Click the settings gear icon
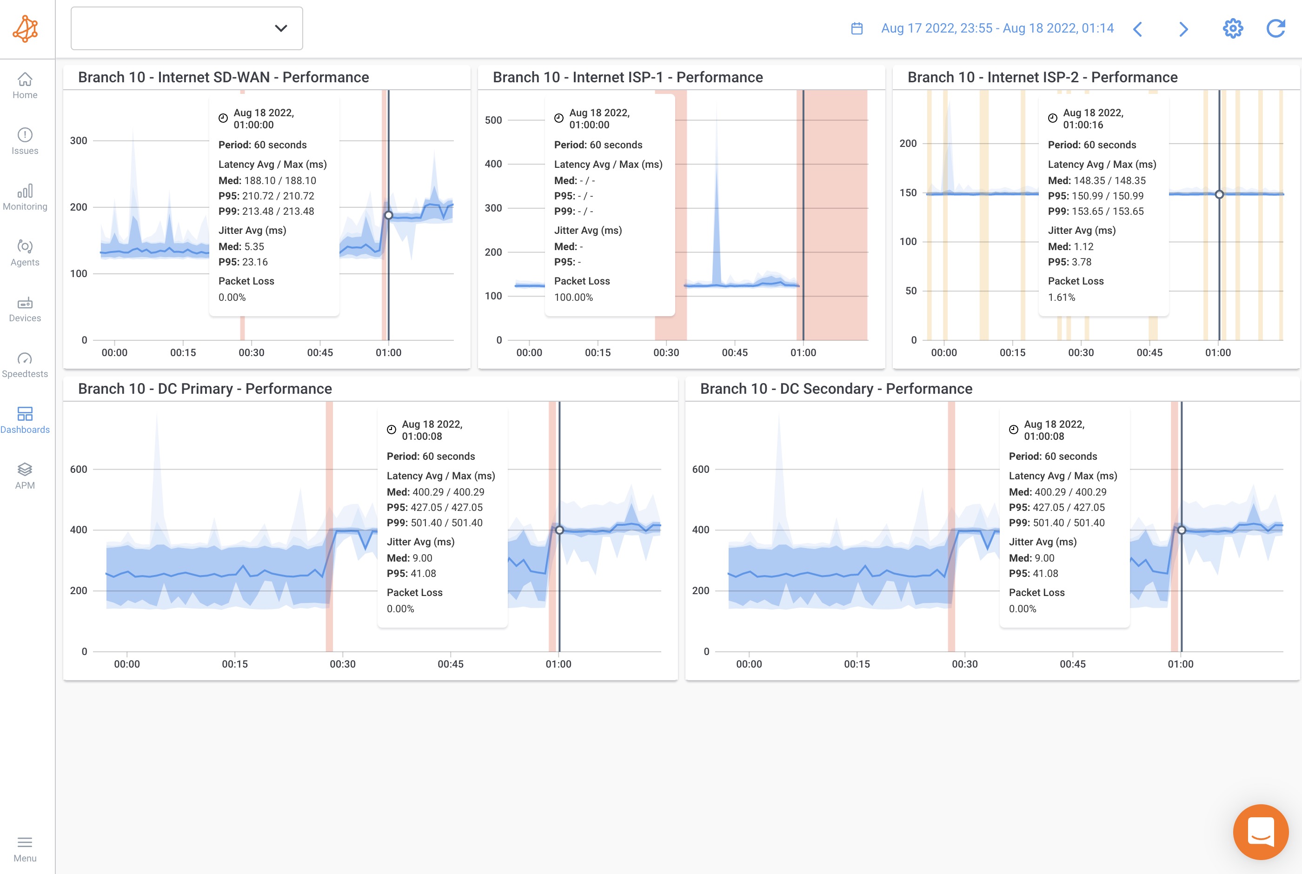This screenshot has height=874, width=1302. [1232, 28]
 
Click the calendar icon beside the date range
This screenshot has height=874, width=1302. [857, 28]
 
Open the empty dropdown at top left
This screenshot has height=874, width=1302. [187, 28]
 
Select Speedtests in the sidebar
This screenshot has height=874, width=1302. [25, 365]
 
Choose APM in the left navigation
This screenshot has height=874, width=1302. [25, 477]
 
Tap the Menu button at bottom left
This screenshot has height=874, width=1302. [25, 848]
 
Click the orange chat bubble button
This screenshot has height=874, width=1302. [1260, 832]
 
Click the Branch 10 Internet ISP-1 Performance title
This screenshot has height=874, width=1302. [628, 77]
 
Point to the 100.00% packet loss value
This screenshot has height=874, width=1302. [573, 297]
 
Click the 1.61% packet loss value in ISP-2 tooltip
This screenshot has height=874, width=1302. [1061, 297]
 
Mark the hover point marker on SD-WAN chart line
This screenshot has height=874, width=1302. [388, 215]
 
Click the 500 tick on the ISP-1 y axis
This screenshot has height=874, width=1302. [493, 120]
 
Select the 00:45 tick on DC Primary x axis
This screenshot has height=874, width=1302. [450, 664]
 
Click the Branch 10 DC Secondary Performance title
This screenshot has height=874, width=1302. [836, 389]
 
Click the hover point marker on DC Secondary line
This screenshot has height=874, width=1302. [1181, 530]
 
